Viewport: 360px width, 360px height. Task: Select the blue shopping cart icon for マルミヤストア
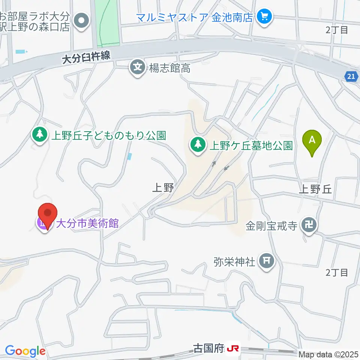pos(265,17)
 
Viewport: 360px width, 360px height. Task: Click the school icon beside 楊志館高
pos(138,68)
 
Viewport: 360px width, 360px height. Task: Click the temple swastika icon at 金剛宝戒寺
pos(310,226)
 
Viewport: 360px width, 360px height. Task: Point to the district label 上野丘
pos(315,189)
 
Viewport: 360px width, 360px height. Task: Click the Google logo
pos(25,351)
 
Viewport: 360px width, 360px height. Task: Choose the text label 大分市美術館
pos(87,224)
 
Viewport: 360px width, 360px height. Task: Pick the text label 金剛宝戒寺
pos(271,226)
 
